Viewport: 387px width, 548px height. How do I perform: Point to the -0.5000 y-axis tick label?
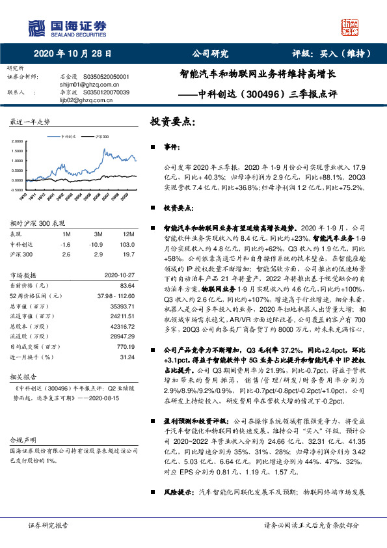tap(16, 189)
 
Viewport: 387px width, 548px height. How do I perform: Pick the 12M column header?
tap(129, 234)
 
